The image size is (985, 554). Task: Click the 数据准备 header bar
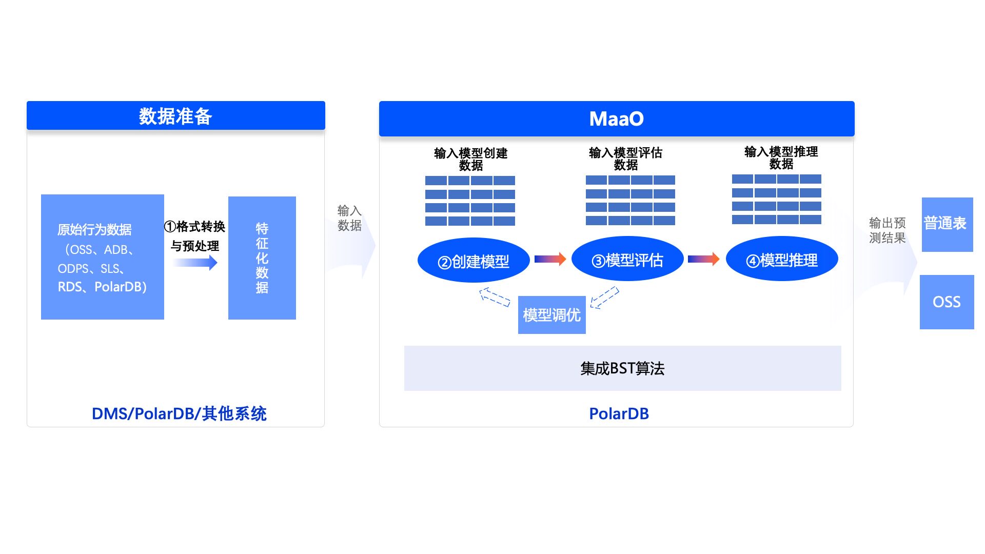tap(175, 116)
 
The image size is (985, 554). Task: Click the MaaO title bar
tap(616, 119)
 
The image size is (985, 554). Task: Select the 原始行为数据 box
tap(102, 257)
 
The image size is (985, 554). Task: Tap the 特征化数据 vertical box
tap(262, 258)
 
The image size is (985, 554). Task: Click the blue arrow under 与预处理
tap(195, 263)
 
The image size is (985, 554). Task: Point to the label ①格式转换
tap(194, 226)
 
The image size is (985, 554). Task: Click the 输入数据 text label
tap(349, 218)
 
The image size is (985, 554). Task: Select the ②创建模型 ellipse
tap(473, 261)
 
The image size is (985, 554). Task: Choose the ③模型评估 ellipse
tap(627, 260)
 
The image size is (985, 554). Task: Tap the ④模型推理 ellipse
tap(781, 260)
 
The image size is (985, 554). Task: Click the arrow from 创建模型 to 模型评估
tap(550, 259)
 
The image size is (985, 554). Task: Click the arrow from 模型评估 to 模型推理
tap(703, 259)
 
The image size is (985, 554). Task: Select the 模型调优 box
tap(551, 315)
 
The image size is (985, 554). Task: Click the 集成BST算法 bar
tap(622, 368)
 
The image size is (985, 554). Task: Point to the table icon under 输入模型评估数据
tap(630, 201)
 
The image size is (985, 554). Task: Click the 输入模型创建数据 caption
tap(470, 159)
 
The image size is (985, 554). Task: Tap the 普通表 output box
tap(947, 224)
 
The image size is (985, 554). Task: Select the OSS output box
tap(947, 302)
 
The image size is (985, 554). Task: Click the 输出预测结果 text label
tap(887, 230)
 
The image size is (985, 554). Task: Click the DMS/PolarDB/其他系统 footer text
tap(179, 413)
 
